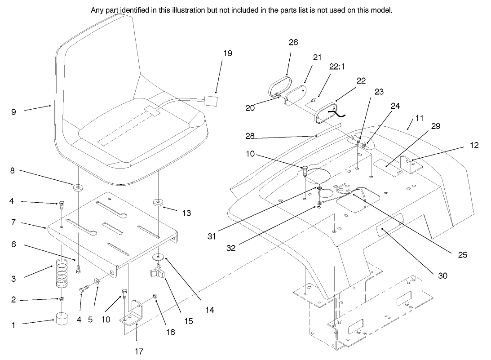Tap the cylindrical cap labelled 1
tap(62, 319)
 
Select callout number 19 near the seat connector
tap(228, 53)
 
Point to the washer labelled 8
tap(79, 186)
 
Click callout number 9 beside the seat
tap(13, 112)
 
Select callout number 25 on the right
tap(463, 255)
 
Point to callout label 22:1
tap(336, 66)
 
